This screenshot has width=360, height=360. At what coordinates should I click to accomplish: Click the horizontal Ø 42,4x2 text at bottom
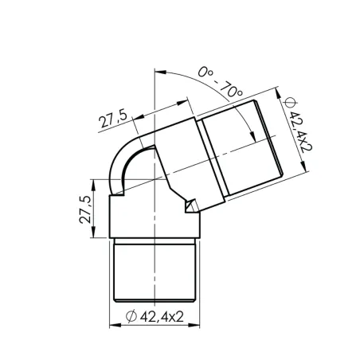click(156, 316)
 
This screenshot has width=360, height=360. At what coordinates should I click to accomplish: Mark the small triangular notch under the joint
click(190, 206)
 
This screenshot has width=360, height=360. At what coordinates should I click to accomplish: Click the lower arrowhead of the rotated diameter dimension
click(307, 173)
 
